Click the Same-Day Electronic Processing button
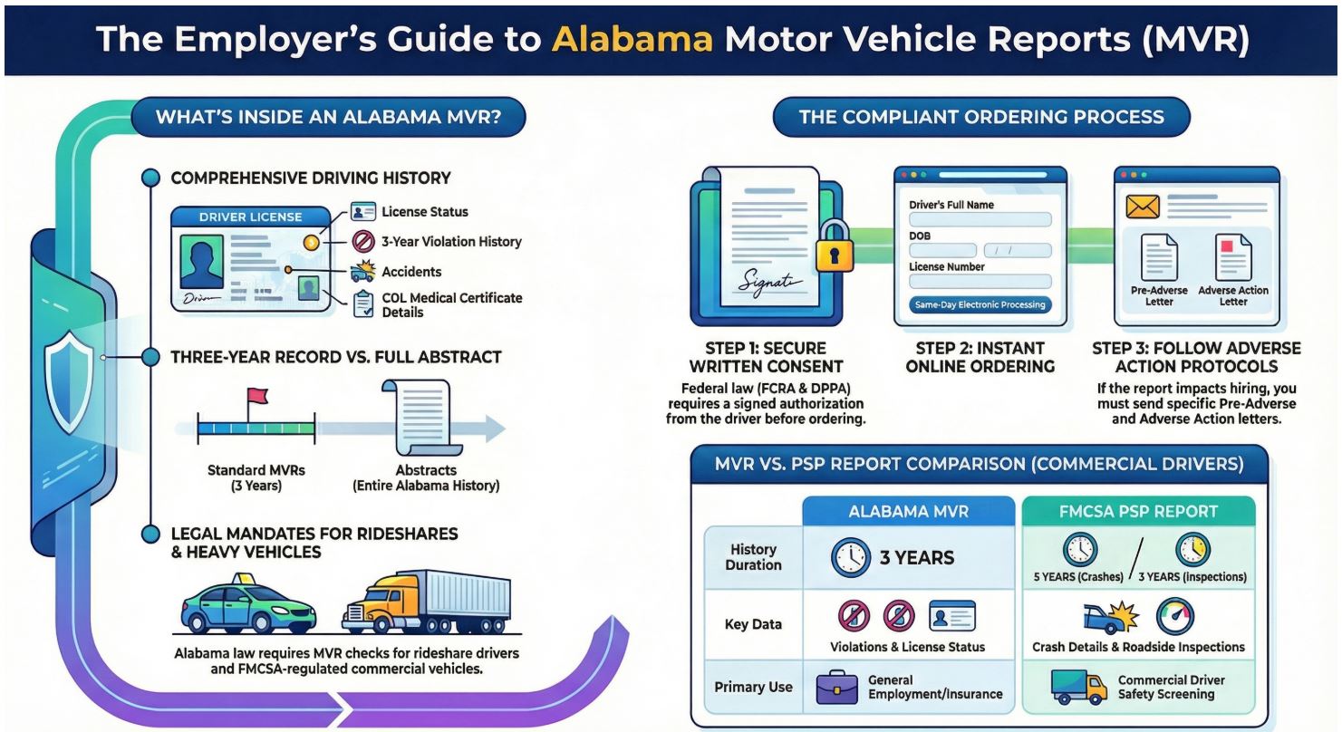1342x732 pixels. click(x=980, y=304)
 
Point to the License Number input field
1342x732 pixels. click(x=980, y=282)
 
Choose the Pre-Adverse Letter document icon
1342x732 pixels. click(x=1158, y=257)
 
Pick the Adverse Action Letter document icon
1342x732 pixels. click(x=1232, y=257)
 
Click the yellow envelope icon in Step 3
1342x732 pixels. click(x=1143, y=207)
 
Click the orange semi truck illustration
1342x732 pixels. click(x=425, y=602)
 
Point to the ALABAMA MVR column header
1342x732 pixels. click(x=908, y=511)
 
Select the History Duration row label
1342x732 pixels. click(x=752, y=557)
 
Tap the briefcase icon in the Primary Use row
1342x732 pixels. click(x=836, y=686)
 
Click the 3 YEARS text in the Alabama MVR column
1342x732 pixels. click(x=916, y=557)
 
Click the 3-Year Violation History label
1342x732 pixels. click(x=450, y=242)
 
